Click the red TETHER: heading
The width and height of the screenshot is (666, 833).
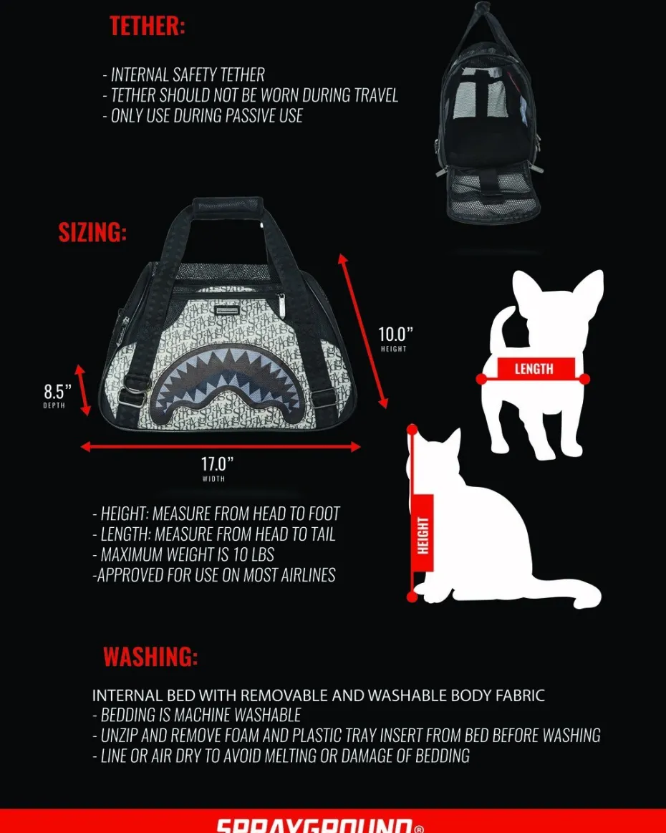pyautogui.click(x=147, y=26)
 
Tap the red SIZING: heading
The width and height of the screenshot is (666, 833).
pyautogui.click(x=92, y=232)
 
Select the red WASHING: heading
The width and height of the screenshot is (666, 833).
pyautogui.click(x=150, y=657)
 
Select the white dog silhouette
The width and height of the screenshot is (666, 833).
pyautogui.click(x=536, y=361)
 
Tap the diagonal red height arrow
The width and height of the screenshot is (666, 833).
pyautogui.click(x=364, y=330)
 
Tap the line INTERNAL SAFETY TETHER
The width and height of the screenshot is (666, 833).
pyautogui.click(x=183, y=75)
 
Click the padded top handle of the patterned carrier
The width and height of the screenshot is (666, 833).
pyautogui.click(x=228, y=204)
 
